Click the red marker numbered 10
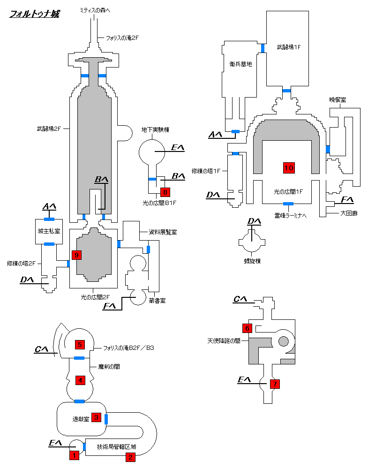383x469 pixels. (289, 168)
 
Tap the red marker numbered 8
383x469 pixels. (165, 192)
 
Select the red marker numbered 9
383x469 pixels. (76, 255)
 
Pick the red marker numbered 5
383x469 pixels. (80, 345)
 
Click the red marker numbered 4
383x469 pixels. (80, 380)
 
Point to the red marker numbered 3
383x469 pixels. (96, 417)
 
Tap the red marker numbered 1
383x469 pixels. (74, 455)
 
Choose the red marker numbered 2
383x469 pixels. (130, 457)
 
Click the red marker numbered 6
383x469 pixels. (247, 328)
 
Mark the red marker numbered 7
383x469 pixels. (275, 384)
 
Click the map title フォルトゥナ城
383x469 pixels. (35, 14)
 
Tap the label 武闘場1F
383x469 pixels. (288, 47)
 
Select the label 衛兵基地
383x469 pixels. (240, 64)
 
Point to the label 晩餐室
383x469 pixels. (338, 100)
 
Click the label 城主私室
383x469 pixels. (49, 231)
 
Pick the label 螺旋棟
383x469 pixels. (252, 261)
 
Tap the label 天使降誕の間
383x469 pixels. (224, 340)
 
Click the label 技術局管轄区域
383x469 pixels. (117, 446)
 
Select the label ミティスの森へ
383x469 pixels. (95, 10)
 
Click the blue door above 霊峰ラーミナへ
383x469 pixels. (288, 204)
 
